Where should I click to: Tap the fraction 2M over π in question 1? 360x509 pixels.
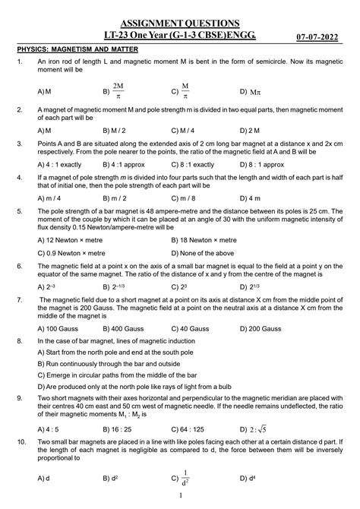tap(117, 90)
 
